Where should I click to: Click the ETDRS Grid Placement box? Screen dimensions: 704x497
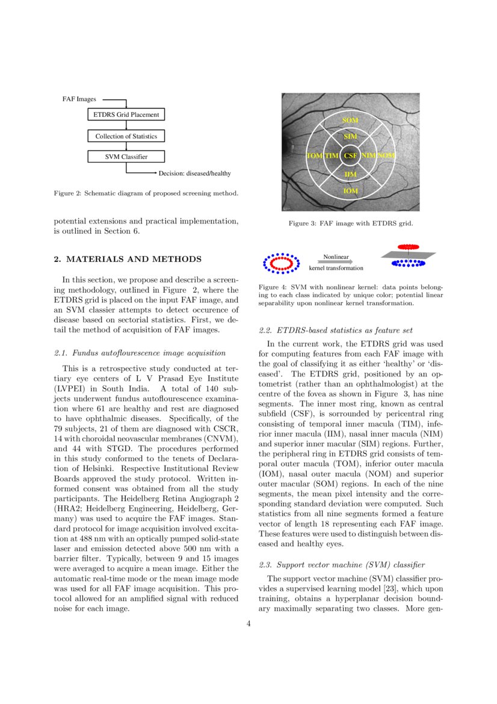[126, 114]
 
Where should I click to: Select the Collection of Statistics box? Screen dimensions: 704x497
[126, 136]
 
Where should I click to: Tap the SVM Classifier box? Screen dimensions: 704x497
[126, 157]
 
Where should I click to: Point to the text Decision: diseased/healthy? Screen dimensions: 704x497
[194, 173]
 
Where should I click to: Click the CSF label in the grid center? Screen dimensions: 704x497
[350, 156]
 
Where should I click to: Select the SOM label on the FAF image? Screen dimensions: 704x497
[350, 120]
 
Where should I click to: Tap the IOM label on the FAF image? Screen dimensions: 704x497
[350, 191]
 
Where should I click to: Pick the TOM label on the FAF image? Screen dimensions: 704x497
[314, 156]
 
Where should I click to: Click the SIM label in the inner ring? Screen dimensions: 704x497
[350, 137]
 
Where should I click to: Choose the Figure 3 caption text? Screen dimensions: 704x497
[350, 223]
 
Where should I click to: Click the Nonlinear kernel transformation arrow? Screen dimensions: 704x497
[336, 263]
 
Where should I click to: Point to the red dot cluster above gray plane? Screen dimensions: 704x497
[409, 247]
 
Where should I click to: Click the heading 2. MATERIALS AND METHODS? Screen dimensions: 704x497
[128, 260]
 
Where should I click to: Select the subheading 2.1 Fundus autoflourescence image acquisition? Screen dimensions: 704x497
[140, 353]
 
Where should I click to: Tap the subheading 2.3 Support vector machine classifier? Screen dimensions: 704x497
[341, 565]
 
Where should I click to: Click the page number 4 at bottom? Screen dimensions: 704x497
[248, 623]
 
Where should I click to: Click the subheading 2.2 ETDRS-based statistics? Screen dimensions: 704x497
[335, 330]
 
